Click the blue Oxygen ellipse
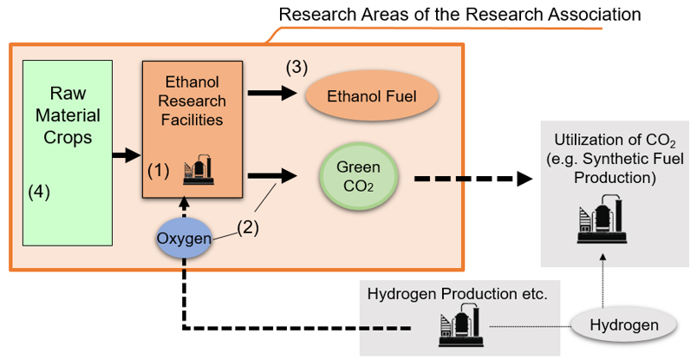(x=184, y=239)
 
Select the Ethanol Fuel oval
(x=372, y=96)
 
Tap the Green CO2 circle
(x=358, y=176)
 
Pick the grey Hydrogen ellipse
(x=624, y=325)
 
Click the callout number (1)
(x=159, y=171)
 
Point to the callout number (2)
(x=248, y=228)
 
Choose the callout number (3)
(x=296, y=68)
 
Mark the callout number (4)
(x=39, y=193)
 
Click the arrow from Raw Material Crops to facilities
(x=127, y=155)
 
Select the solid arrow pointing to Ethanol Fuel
(x=272, y=93)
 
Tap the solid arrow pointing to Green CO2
(x=272, y=176)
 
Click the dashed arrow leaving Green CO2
(x=473, y=179)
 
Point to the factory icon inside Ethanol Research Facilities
(x=199, y=170)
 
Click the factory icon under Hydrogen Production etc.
(x=461, y=324)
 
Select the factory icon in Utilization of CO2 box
(x=602, y=219)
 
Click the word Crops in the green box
(x=68, y=137)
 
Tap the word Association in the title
(x=594, y=14)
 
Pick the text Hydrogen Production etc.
(x=458, y=294)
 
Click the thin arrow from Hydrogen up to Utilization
(x=603, y=281)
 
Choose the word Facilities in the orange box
(x=192, y=120)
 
